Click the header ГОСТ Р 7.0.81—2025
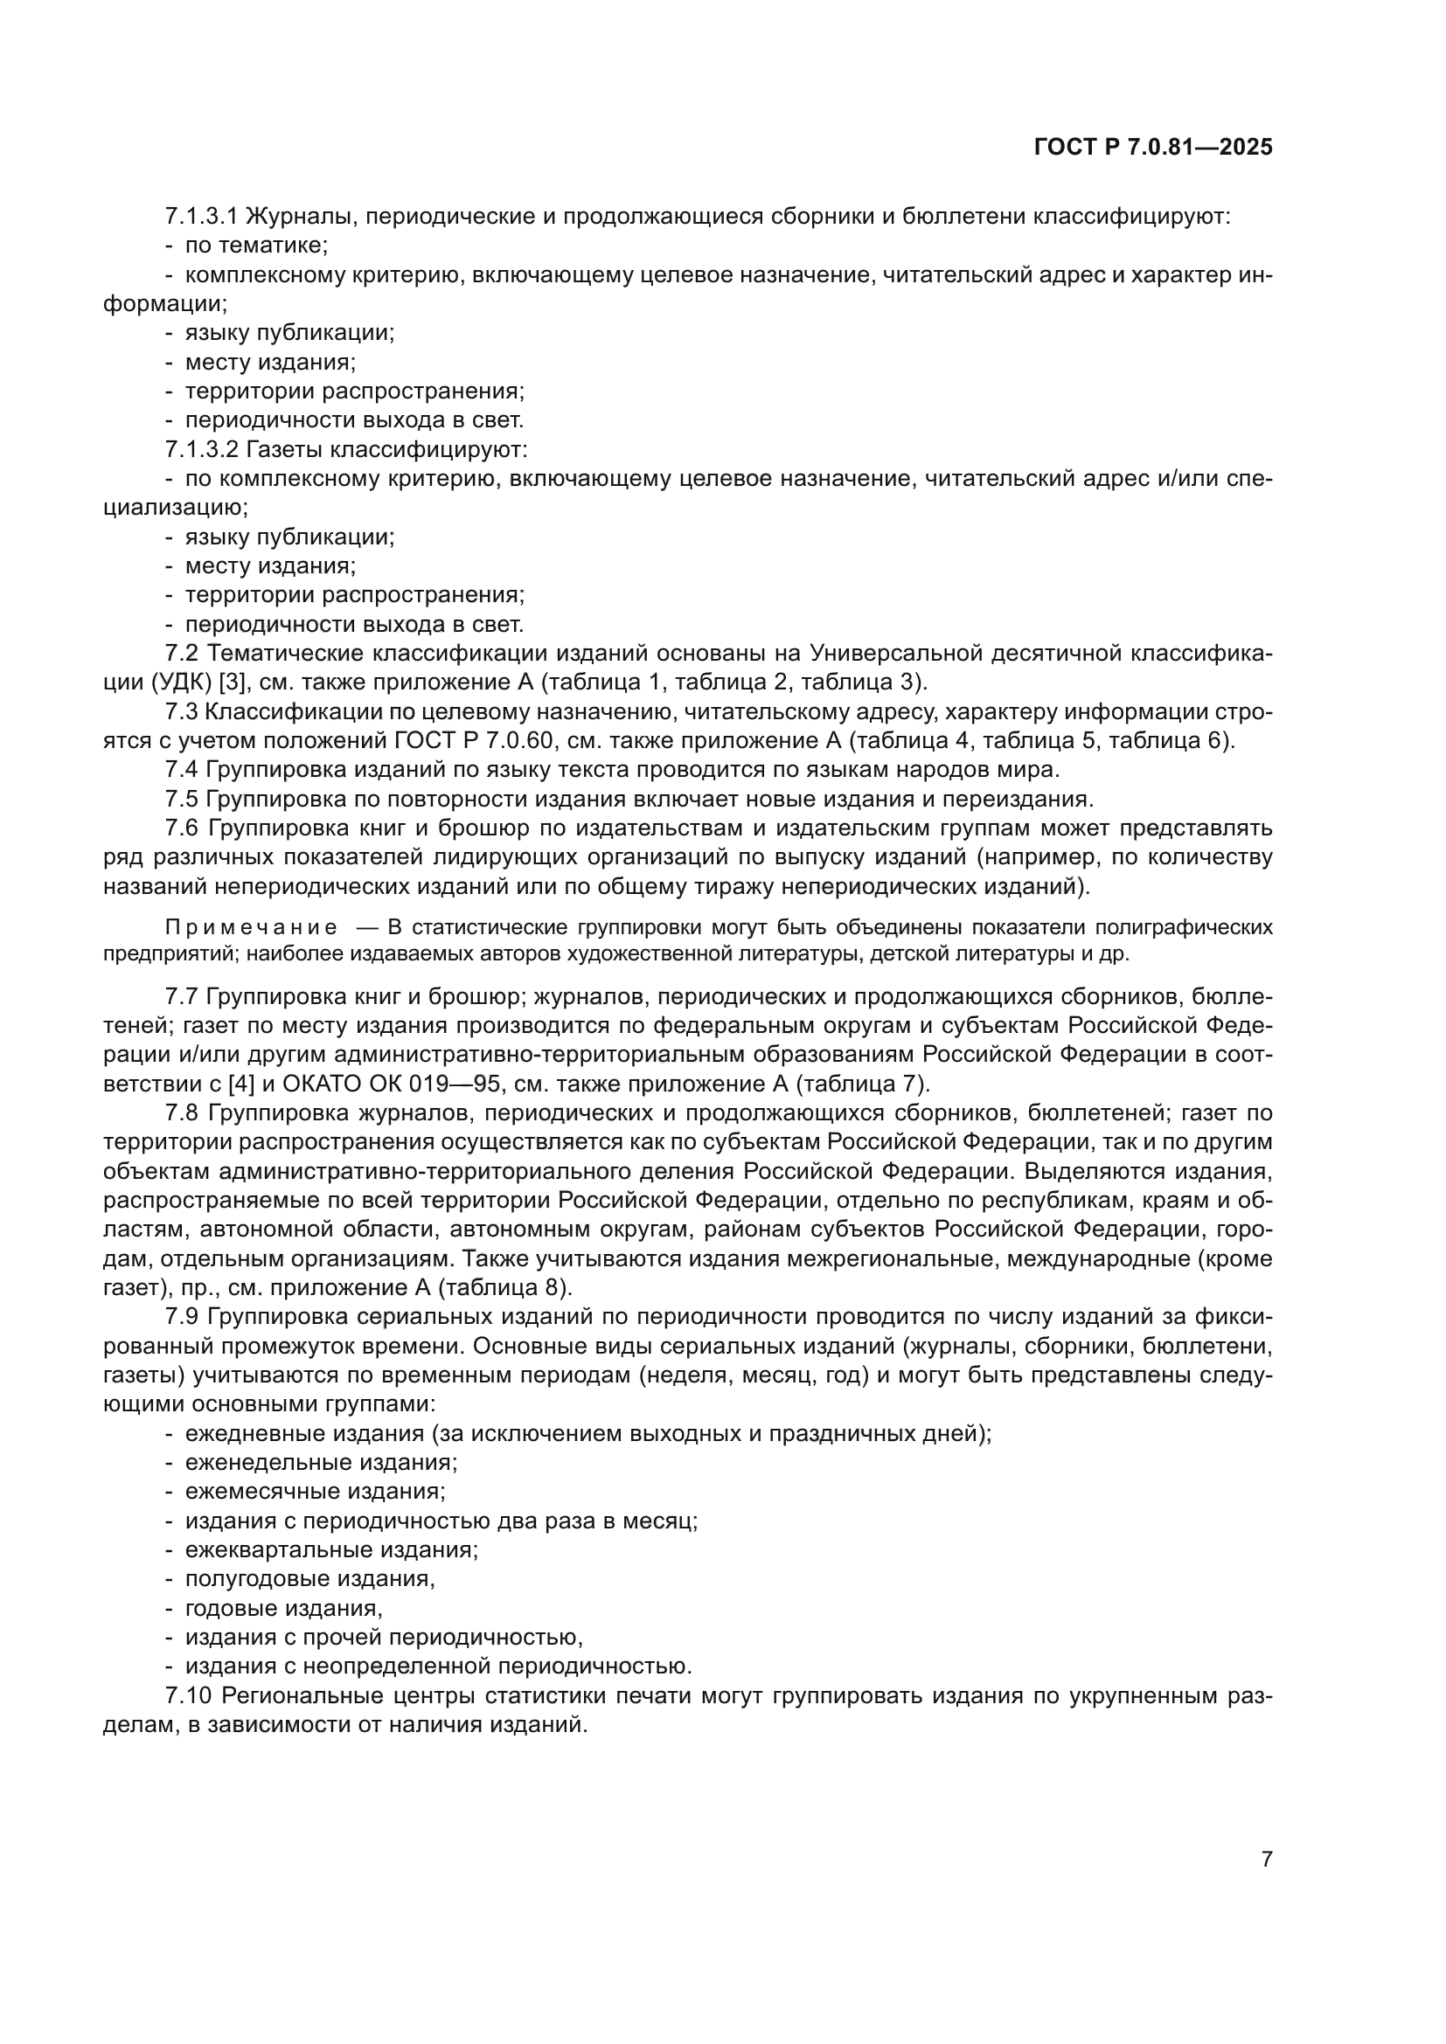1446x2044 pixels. [1153, 147]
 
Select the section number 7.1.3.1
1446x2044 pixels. [201, 217]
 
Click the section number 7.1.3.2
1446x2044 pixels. [201, 449]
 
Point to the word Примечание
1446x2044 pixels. [251, 928]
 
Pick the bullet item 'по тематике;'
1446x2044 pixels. [257, 246]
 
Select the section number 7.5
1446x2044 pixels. [182, 800]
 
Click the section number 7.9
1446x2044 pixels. [182, 1318]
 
